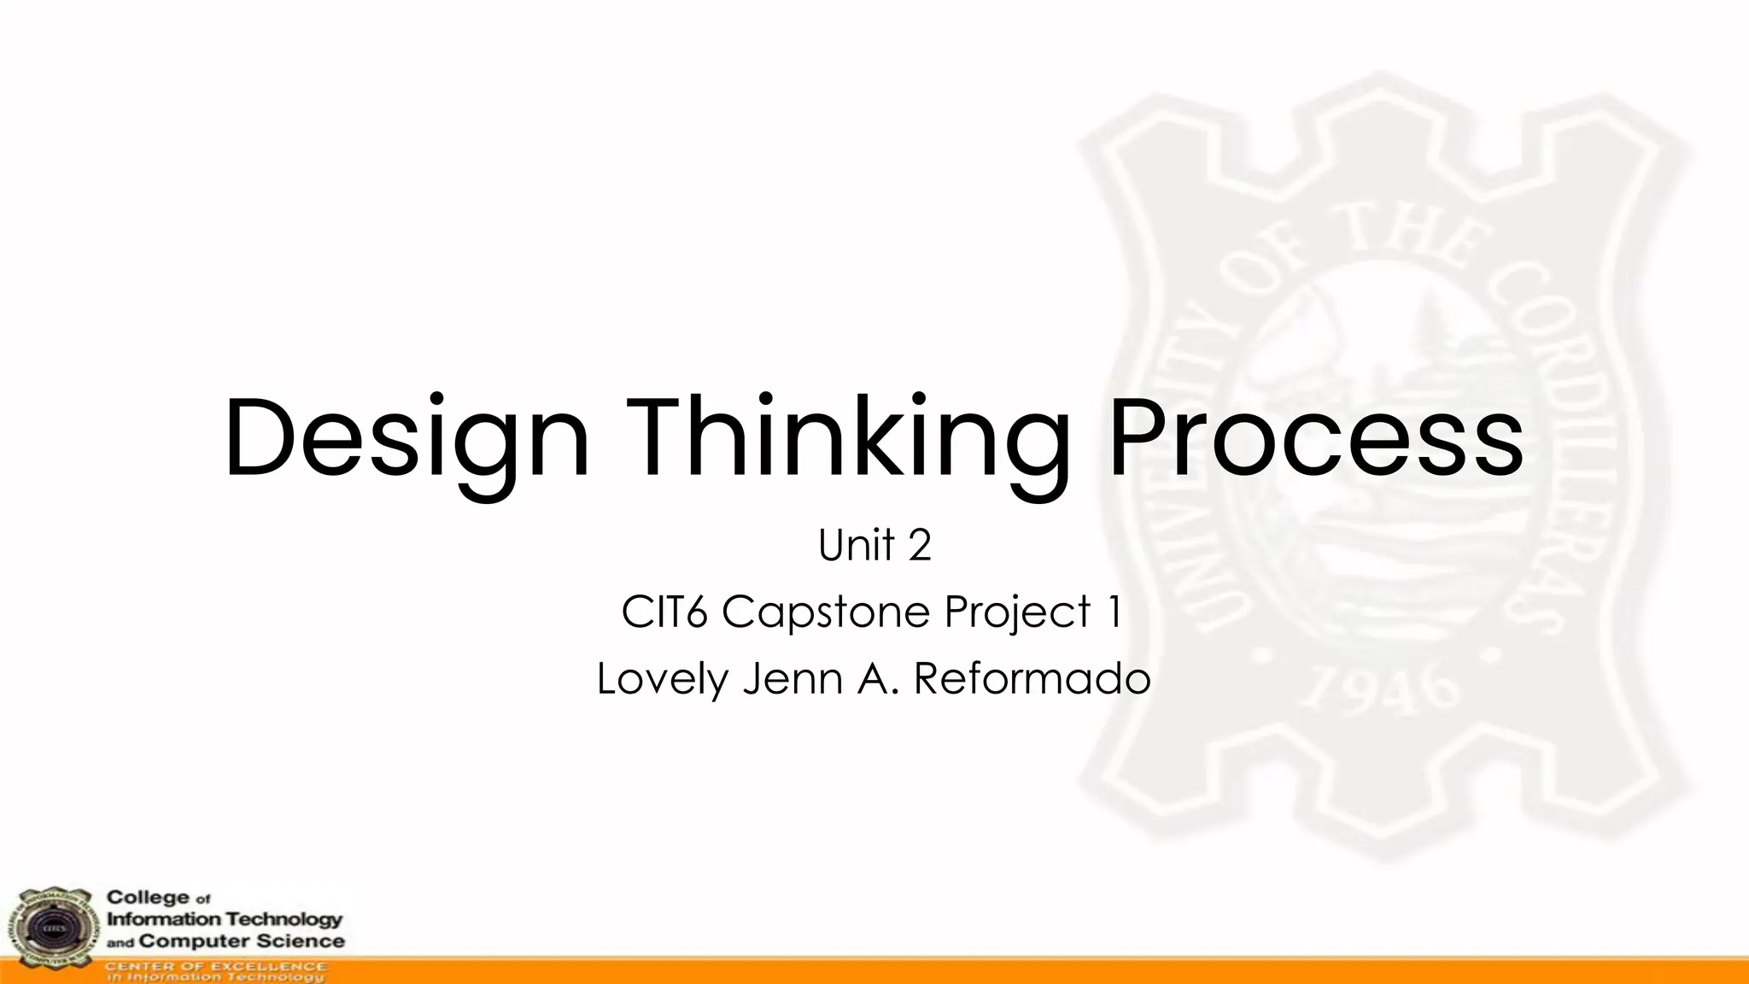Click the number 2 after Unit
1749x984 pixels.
pos(919,545)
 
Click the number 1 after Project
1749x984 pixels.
pos(1114,612)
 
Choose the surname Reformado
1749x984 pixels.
pos(1032,679)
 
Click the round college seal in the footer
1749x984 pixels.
pos(50,928)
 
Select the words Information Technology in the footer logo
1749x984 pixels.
pos(224,919)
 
